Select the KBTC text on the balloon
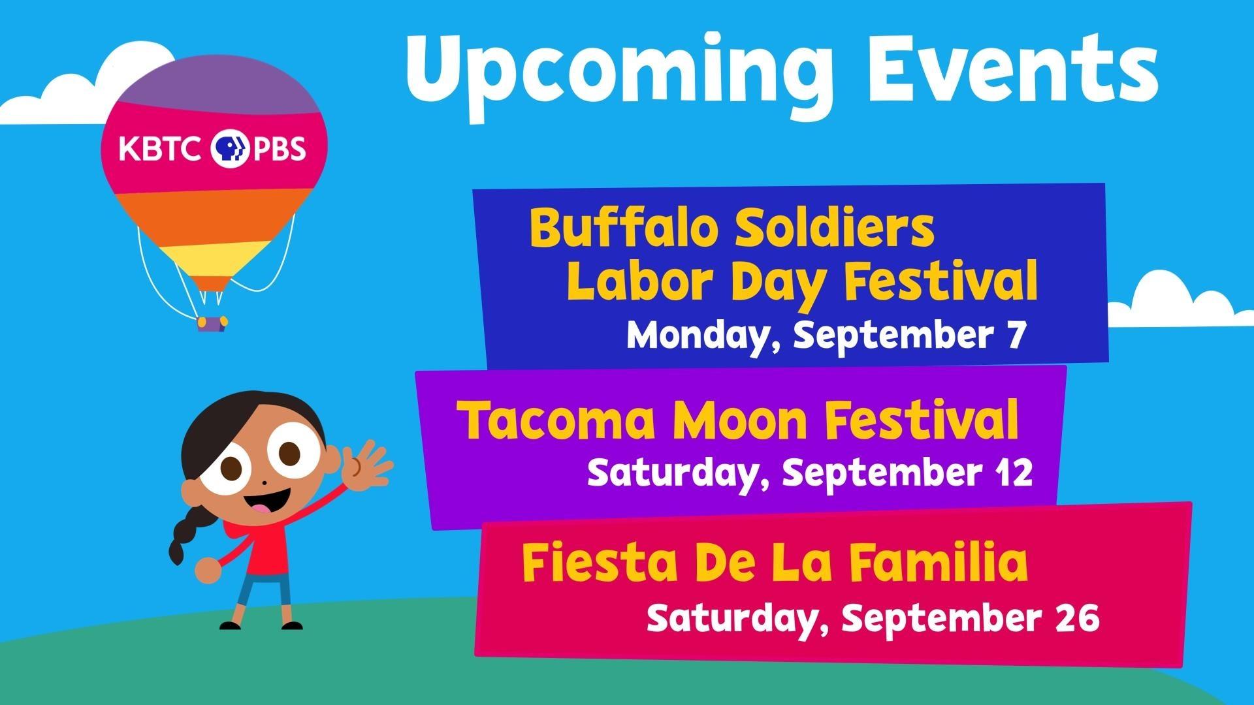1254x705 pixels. pyautogui.click(x=159, y=149)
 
